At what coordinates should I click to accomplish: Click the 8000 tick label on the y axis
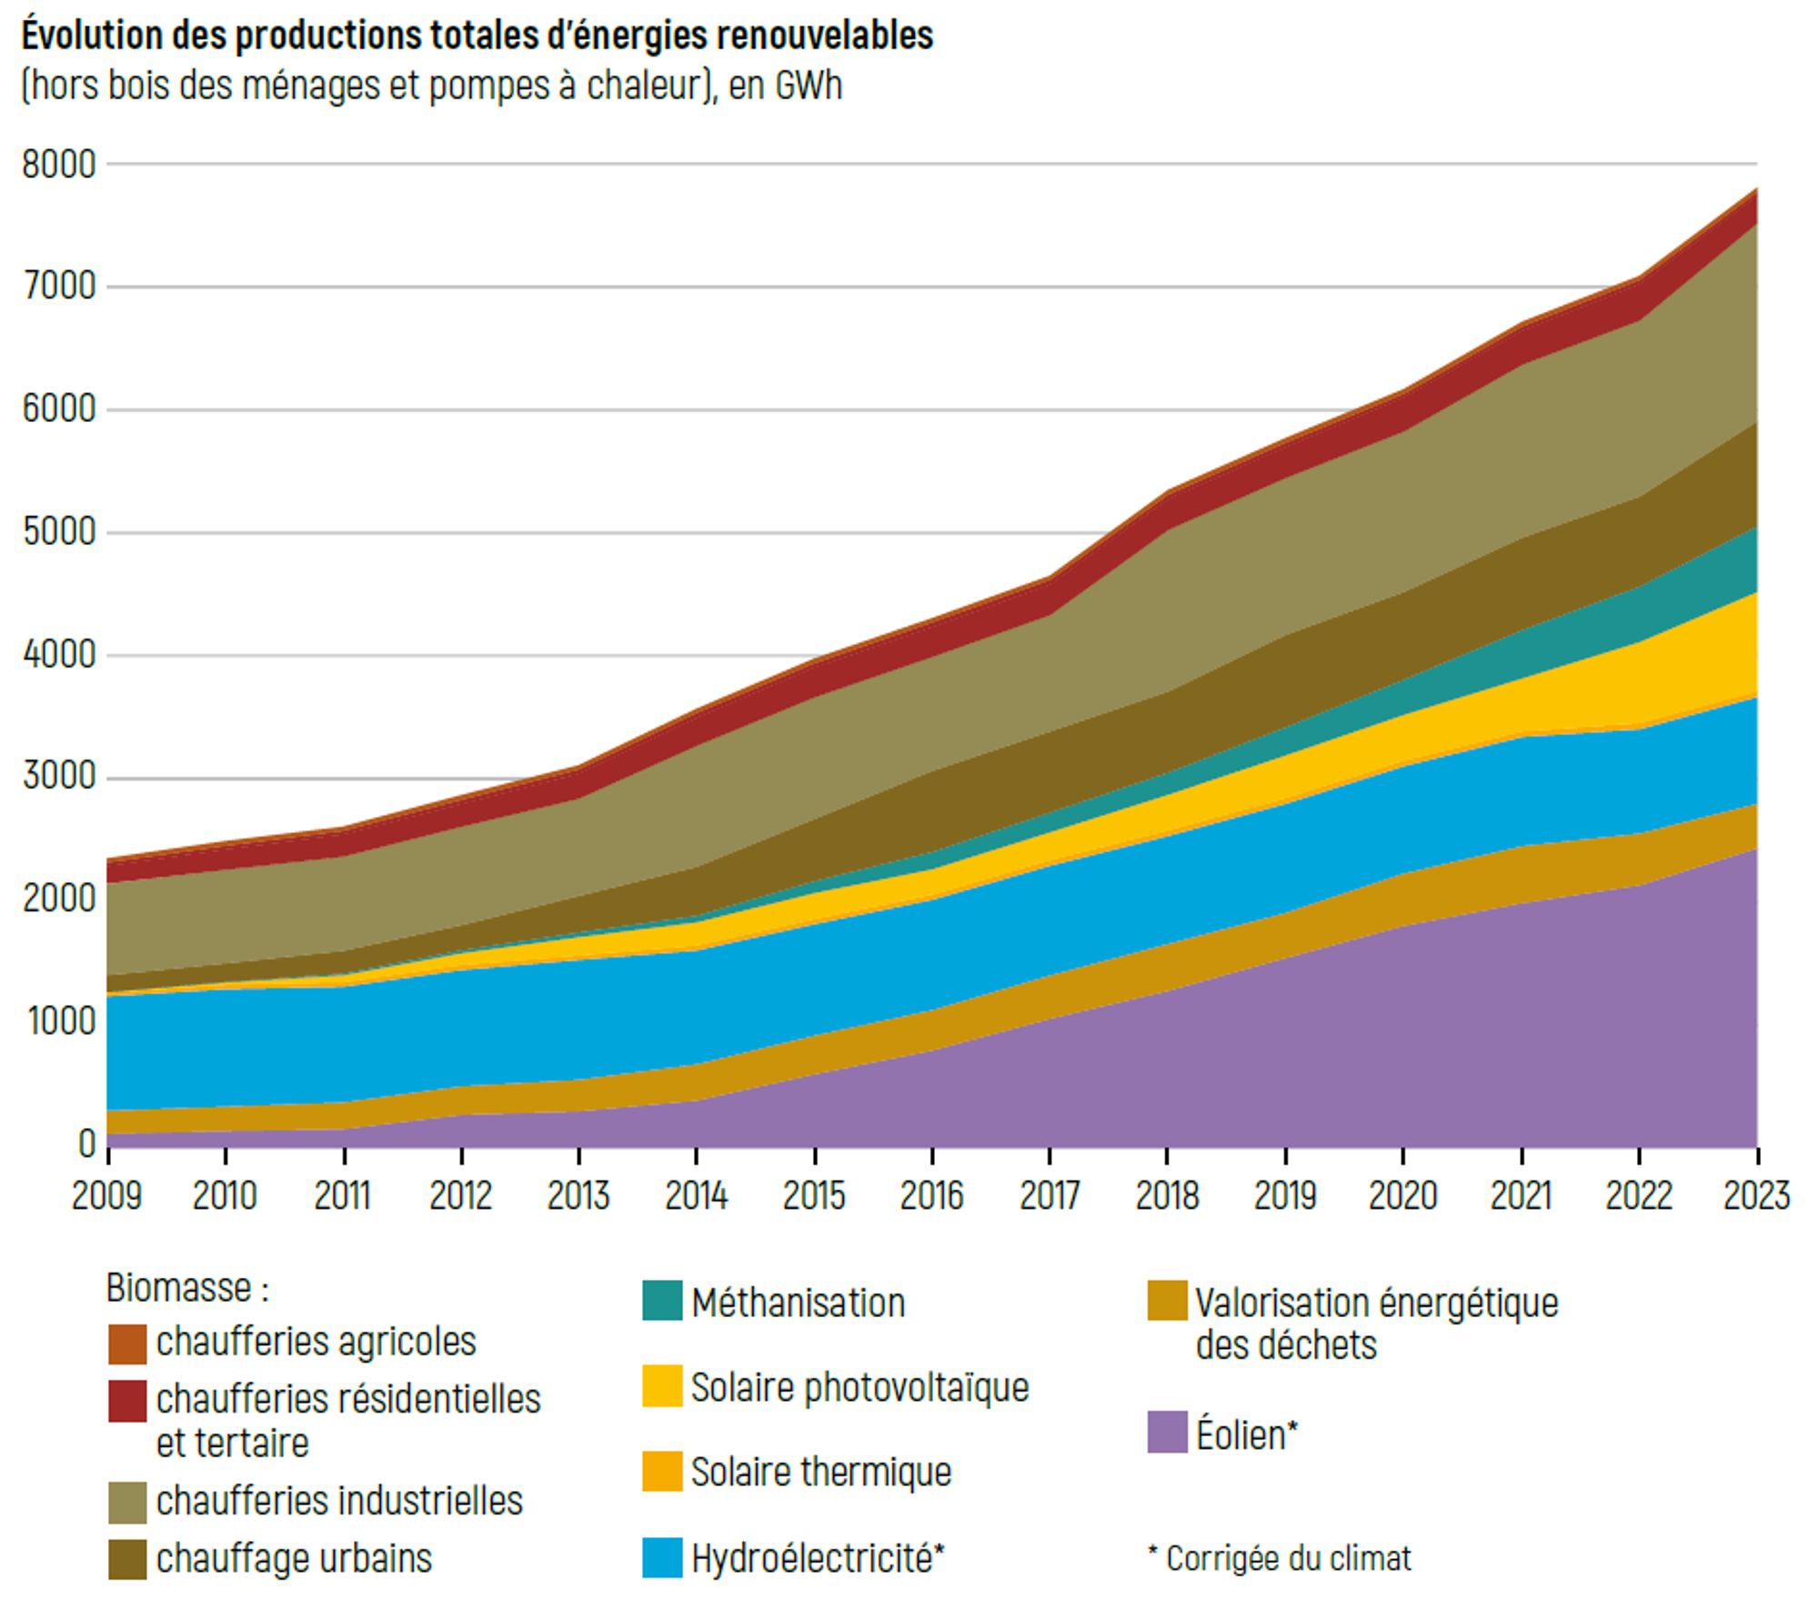59,166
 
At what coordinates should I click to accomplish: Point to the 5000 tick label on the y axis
59,532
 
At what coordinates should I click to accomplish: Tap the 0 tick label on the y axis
87,1143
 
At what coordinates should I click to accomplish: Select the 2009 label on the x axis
107,1195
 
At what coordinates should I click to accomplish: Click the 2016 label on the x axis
931,1195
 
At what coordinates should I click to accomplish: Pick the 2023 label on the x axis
1756,1195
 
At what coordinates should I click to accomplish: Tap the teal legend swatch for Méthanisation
662,1301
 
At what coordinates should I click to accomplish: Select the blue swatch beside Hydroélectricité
662,1557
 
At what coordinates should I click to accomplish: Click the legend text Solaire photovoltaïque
859,1387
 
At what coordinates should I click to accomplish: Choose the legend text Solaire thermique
820,1472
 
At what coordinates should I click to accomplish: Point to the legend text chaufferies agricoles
316,1342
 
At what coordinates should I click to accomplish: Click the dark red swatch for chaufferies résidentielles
127,1401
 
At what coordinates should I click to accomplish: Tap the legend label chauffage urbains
294,1558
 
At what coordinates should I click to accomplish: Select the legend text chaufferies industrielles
339,1501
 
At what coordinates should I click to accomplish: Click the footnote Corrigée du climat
1288,1558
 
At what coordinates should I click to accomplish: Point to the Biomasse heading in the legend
187,1288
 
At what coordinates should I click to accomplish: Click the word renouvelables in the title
824,36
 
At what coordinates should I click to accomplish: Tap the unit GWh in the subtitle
808,86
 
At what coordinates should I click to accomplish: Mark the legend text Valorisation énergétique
1376,1303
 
